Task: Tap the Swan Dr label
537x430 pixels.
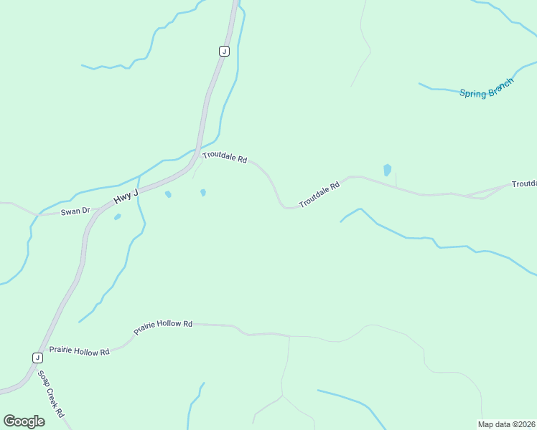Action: point(75,211)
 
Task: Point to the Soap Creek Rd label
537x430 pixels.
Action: point(52,394)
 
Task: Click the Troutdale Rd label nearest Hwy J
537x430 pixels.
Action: point(224,157)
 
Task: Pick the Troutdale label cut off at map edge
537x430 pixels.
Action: point(523,184)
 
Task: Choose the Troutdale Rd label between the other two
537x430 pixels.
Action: point(319,194)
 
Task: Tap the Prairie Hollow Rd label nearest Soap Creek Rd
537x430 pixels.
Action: point(79,351)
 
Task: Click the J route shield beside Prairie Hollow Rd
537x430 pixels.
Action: point(37,357)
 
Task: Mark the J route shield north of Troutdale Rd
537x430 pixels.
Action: point(224,51)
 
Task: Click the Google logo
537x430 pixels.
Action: point(24,421)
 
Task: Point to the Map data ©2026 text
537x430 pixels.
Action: point(507,424)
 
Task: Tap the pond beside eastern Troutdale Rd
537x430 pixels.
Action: point(388,171)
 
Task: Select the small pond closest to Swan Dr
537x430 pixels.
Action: point(117,216)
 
